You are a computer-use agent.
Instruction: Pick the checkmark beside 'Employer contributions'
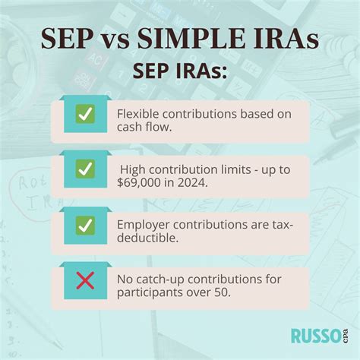click(x=85, y=226)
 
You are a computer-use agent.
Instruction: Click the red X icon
click(x=85, y=281)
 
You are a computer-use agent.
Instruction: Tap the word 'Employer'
click(x=143, y=225)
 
